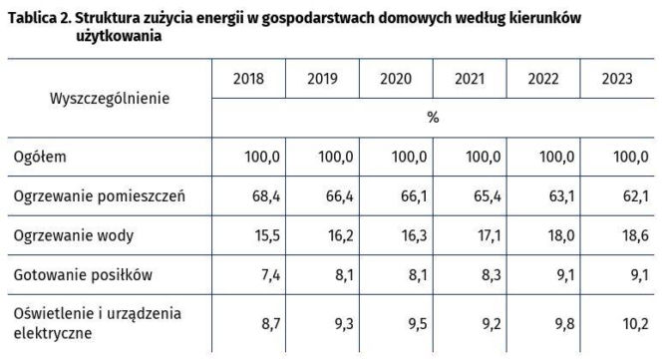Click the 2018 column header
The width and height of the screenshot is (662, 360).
click(248, 79)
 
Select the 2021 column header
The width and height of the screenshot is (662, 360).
click(470, 79)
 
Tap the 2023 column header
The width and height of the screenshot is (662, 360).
click(617, 79)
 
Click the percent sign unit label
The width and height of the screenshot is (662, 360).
click(433, 117)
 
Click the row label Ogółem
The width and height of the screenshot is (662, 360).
click(41, 157)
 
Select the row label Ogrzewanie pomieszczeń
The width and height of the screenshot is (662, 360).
click(100, 195)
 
